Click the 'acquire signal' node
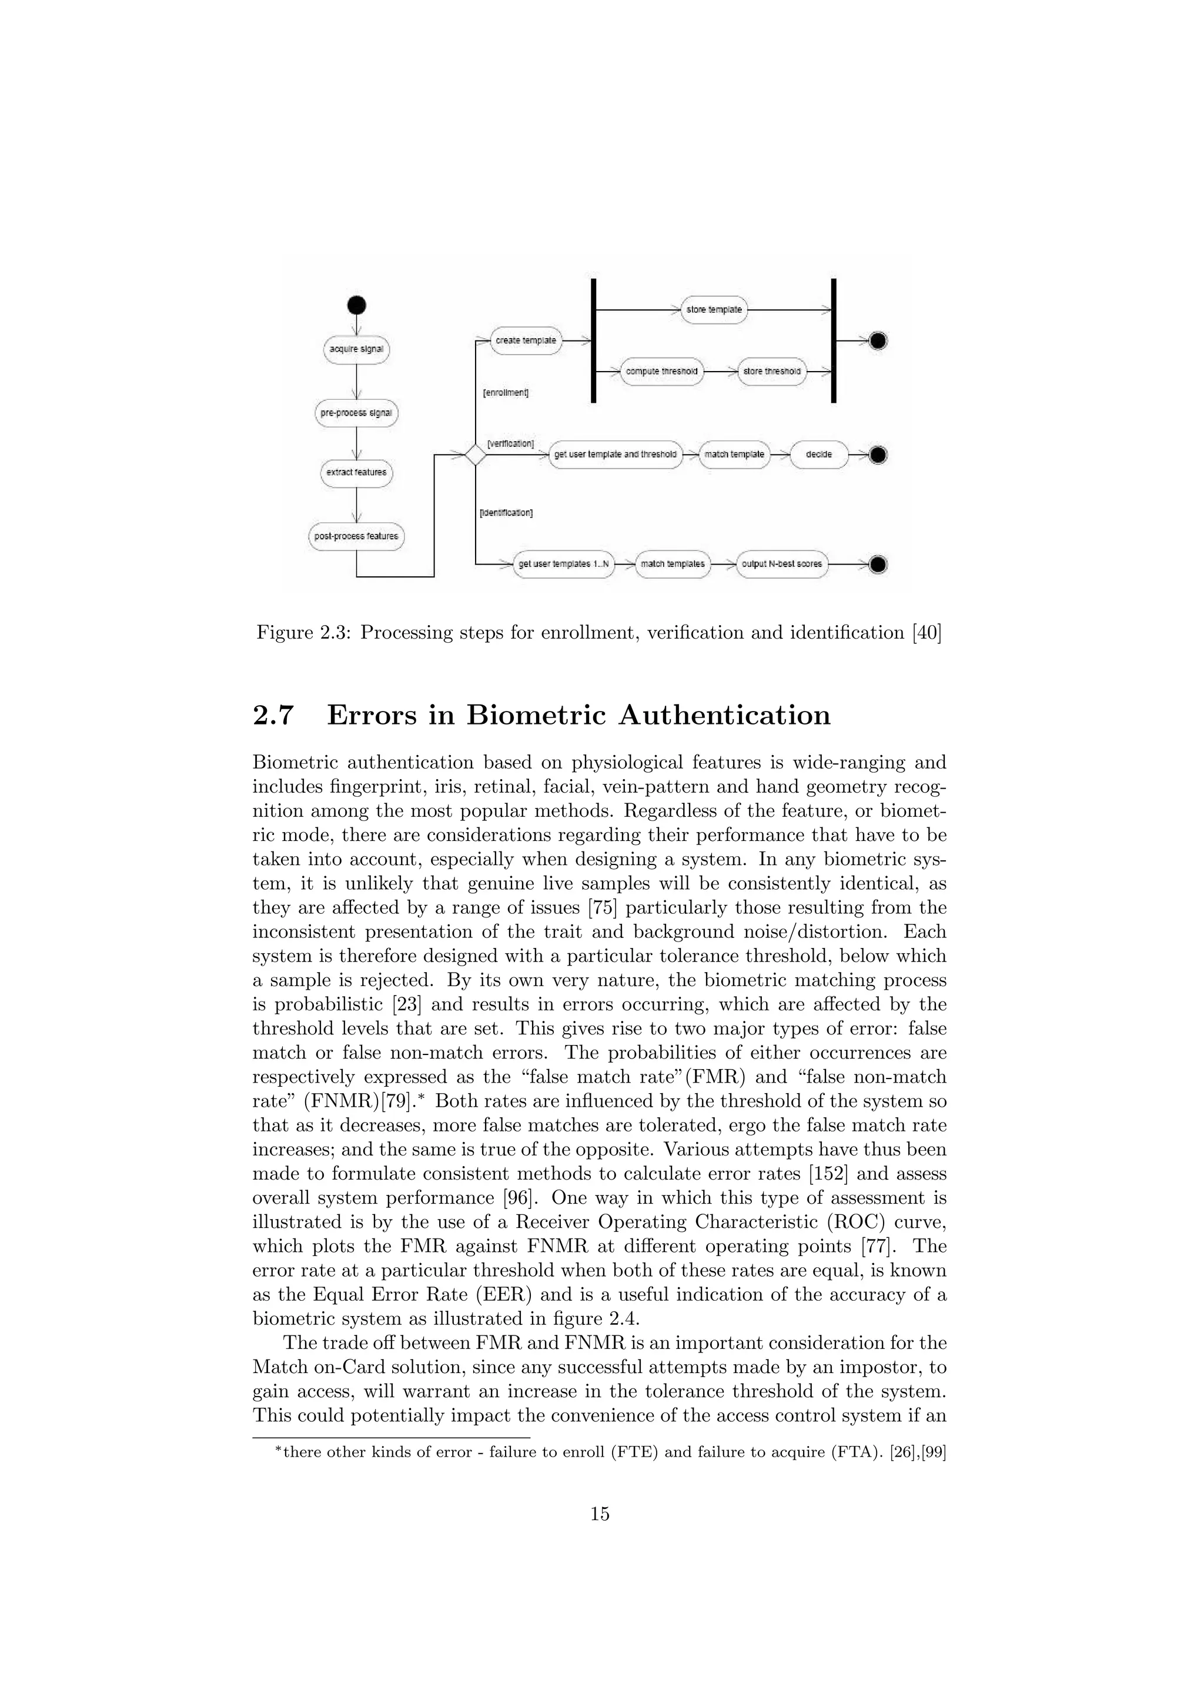click(x=357, y=349)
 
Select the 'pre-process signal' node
click(x=357, y=413)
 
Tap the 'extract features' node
click(x=357, y=472)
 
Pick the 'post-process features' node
click(x=357, y=536)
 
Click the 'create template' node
click(x=526, y=340)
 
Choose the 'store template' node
click(x=714, y=309)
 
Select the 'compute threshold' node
click(x=661, y=371)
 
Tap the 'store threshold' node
click(x=772, y=371)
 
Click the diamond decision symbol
click(x=474, y=454)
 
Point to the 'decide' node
click(x=818, y=454)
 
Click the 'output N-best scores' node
click(x=781, y=565)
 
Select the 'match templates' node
click(x=673, y=565)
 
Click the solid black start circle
click(x=357, y=305)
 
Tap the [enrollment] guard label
click(x=506, y=392)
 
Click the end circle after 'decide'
click(x=878, y=454)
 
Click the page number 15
click(x=600, y=1515)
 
